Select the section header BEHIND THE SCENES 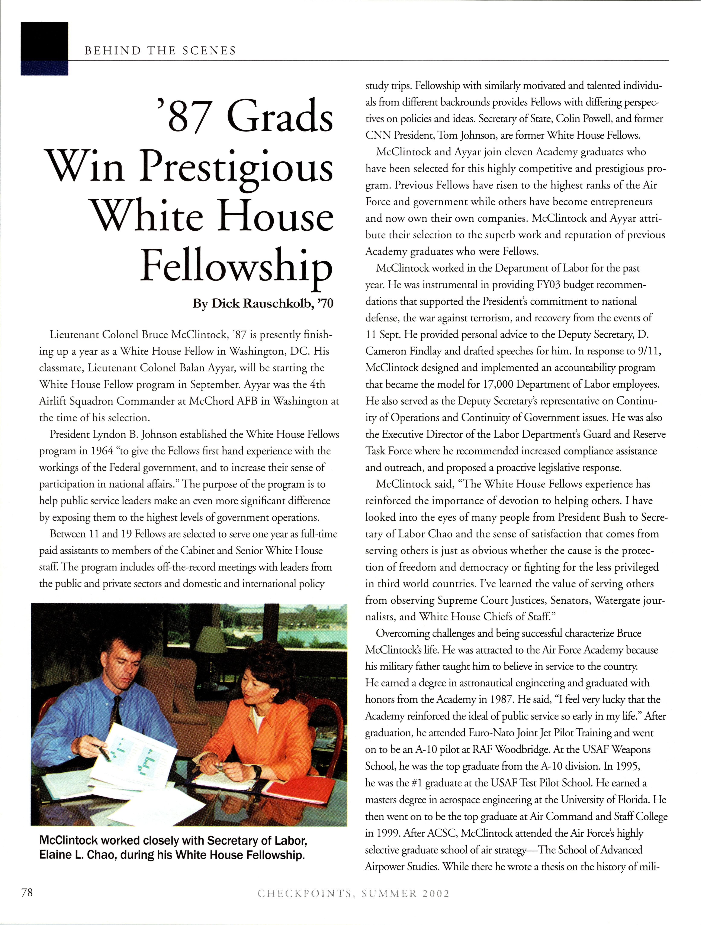coord(160,51)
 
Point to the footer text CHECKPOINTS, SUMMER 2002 coord(354,894)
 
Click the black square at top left coord(44,42)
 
